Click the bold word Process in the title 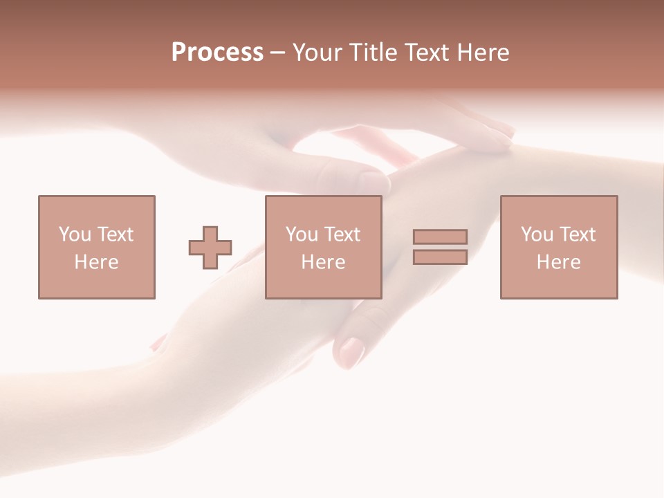click(217, 52)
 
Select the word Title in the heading click(372, 52)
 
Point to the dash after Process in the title click(277, 53)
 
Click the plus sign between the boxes click(210, 247)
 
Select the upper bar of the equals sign click(440, 237)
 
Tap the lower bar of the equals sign click(440, 257)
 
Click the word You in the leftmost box click(75, 234)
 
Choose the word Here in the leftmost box click(96, 262)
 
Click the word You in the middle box click(302, 234)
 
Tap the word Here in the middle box click(323, 262)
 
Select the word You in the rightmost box click(537, 234)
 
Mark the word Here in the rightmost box click(558, 262)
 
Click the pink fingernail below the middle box click(351, 351)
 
